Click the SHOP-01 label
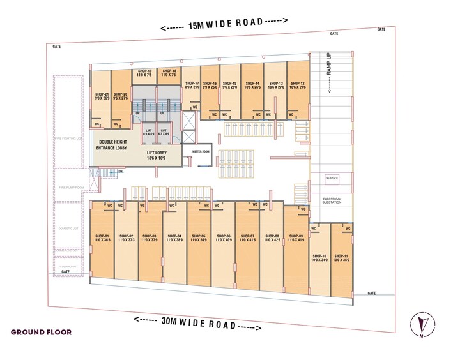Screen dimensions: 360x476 (103, 237)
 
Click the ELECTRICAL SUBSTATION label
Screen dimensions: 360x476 (332, 201)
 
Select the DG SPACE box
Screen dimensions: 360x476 (332, 177)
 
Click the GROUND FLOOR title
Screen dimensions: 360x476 (41, 333)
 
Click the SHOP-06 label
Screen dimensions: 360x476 (223, 237)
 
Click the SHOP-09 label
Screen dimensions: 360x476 (295, 237)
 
